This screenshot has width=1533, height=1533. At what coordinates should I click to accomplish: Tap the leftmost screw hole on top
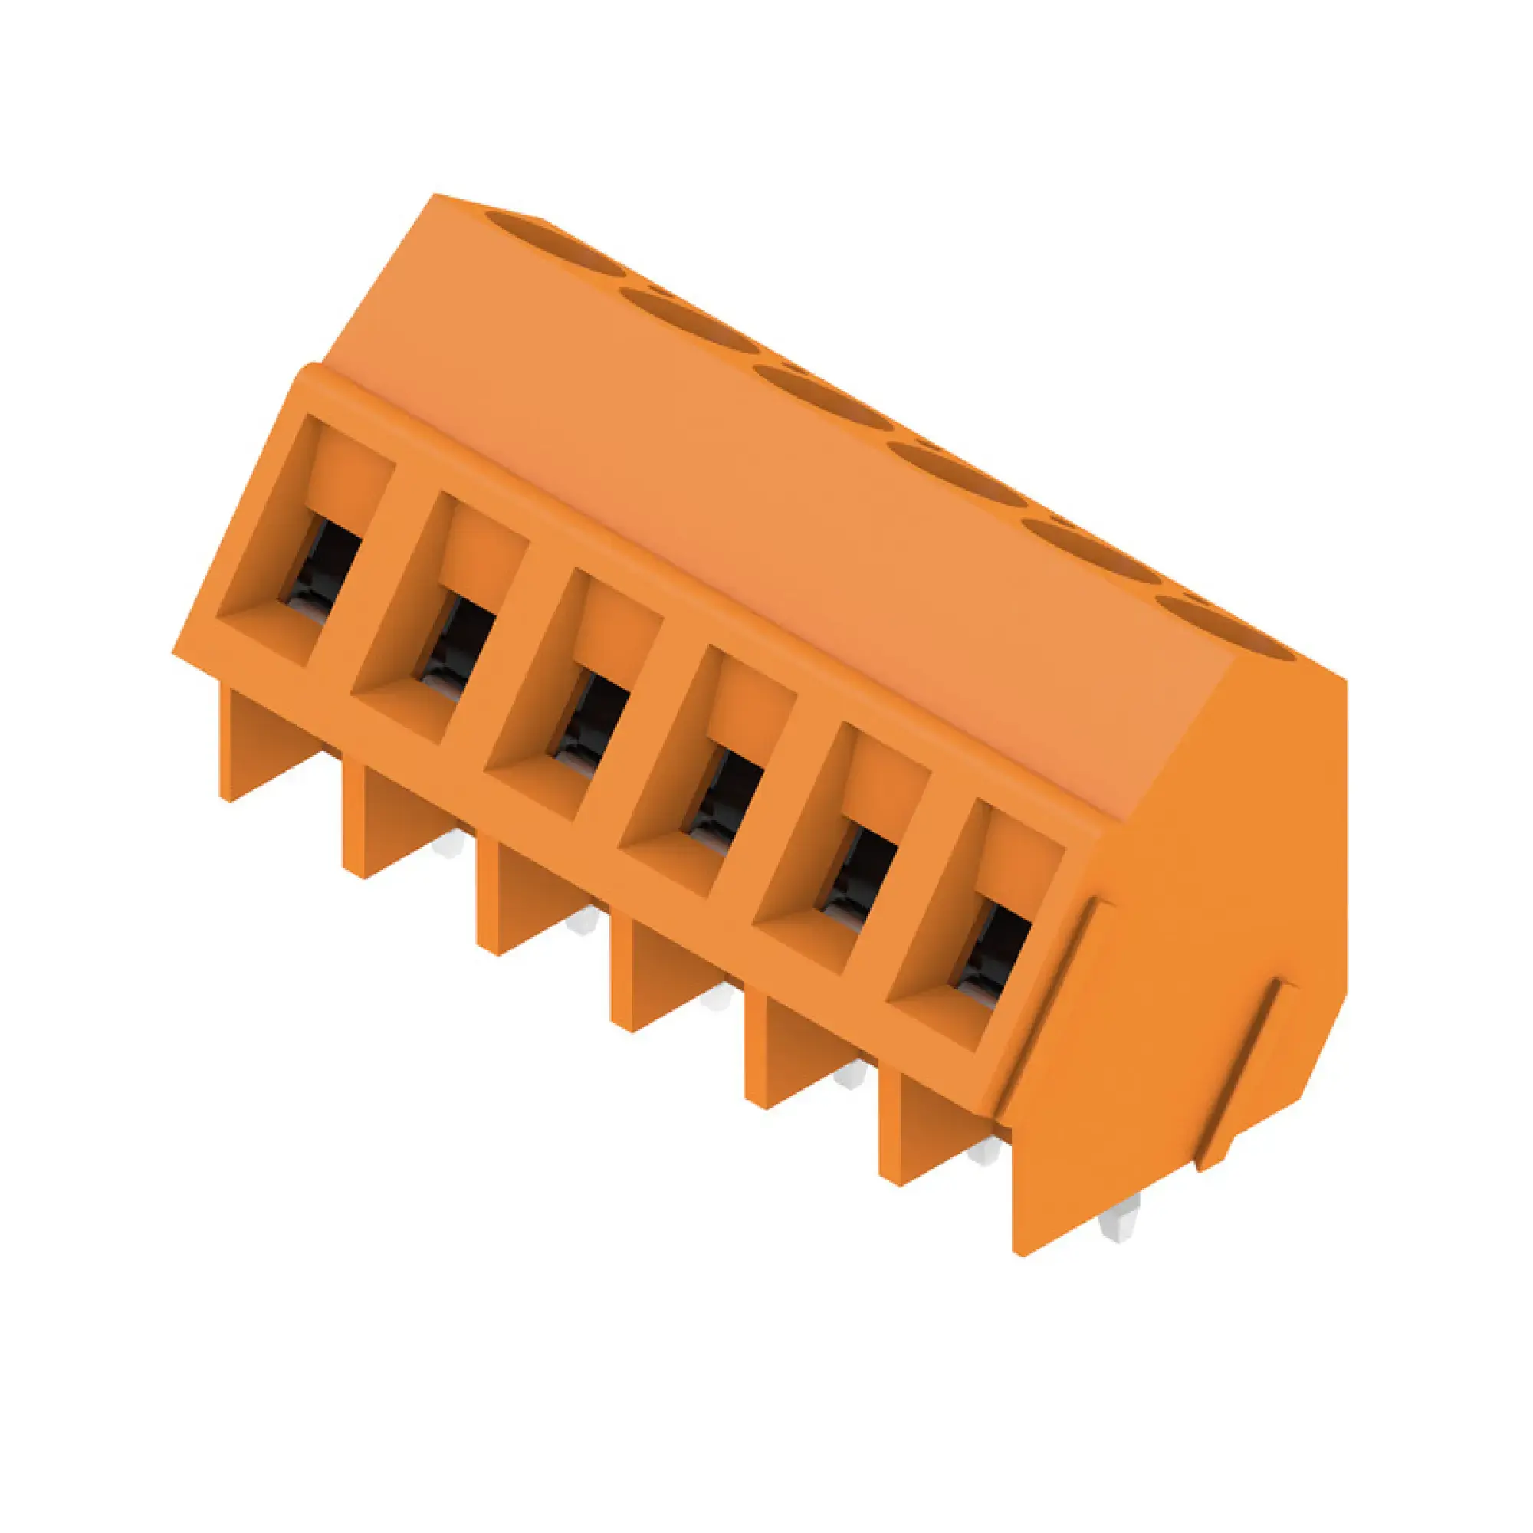point(547,238)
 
